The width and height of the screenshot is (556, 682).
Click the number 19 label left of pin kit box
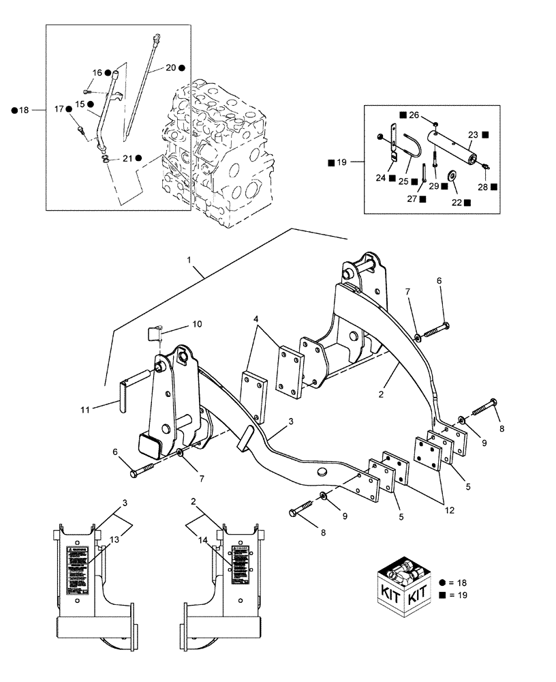point(342,162)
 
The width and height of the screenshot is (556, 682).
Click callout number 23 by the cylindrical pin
point(472,135)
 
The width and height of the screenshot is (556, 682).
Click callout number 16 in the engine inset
point(97,72)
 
